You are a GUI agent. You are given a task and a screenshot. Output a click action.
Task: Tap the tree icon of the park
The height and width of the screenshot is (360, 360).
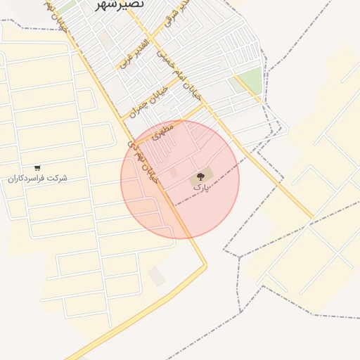200,176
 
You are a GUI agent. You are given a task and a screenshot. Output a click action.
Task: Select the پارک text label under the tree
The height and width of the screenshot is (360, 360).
201,188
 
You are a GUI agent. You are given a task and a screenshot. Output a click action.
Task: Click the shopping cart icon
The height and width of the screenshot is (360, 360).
37,168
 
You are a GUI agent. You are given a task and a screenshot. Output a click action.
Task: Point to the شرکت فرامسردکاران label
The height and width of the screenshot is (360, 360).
37,179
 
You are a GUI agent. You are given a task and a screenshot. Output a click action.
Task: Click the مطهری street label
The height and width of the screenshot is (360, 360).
162,128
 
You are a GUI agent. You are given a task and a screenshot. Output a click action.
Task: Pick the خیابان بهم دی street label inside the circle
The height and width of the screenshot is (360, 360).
143,162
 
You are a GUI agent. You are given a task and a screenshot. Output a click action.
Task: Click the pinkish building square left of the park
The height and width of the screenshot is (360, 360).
174,173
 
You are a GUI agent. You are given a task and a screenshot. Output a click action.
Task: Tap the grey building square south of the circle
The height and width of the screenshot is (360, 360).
157,276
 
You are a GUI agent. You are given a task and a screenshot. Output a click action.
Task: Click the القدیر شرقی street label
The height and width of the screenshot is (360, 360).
176,15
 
